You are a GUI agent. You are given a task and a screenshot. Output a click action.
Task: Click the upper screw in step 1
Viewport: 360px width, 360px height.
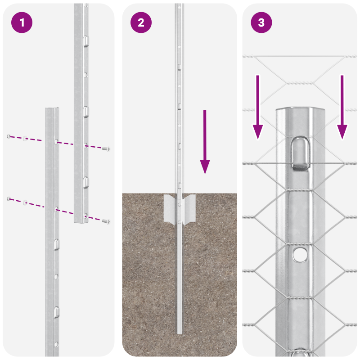point(107,148)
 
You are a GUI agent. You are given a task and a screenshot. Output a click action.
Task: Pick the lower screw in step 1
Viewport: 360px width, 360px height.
point(107,221)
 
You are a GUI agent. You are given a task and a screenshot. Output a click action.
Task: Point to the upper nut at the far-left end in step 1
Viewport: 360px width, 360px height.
point(9,136)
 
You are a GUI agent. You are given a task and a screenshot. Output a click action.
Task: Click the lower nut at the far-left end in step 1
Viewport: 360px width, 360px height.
point(9,198)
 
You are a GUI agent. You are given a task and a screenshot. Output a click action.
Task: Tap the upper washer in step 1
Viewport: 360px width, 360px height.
point(26,138)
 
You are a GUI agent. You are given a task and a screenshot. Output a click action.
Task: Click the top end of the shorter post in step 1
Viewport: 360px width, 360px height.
point(51,109)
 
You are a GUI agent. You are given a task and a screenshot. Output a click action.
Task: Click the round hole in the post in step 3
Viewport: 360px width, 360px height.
point(299,255)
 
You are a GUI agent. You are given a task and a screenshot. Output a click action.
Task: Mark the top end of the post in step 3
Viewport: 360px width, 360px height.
point(299,110)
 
